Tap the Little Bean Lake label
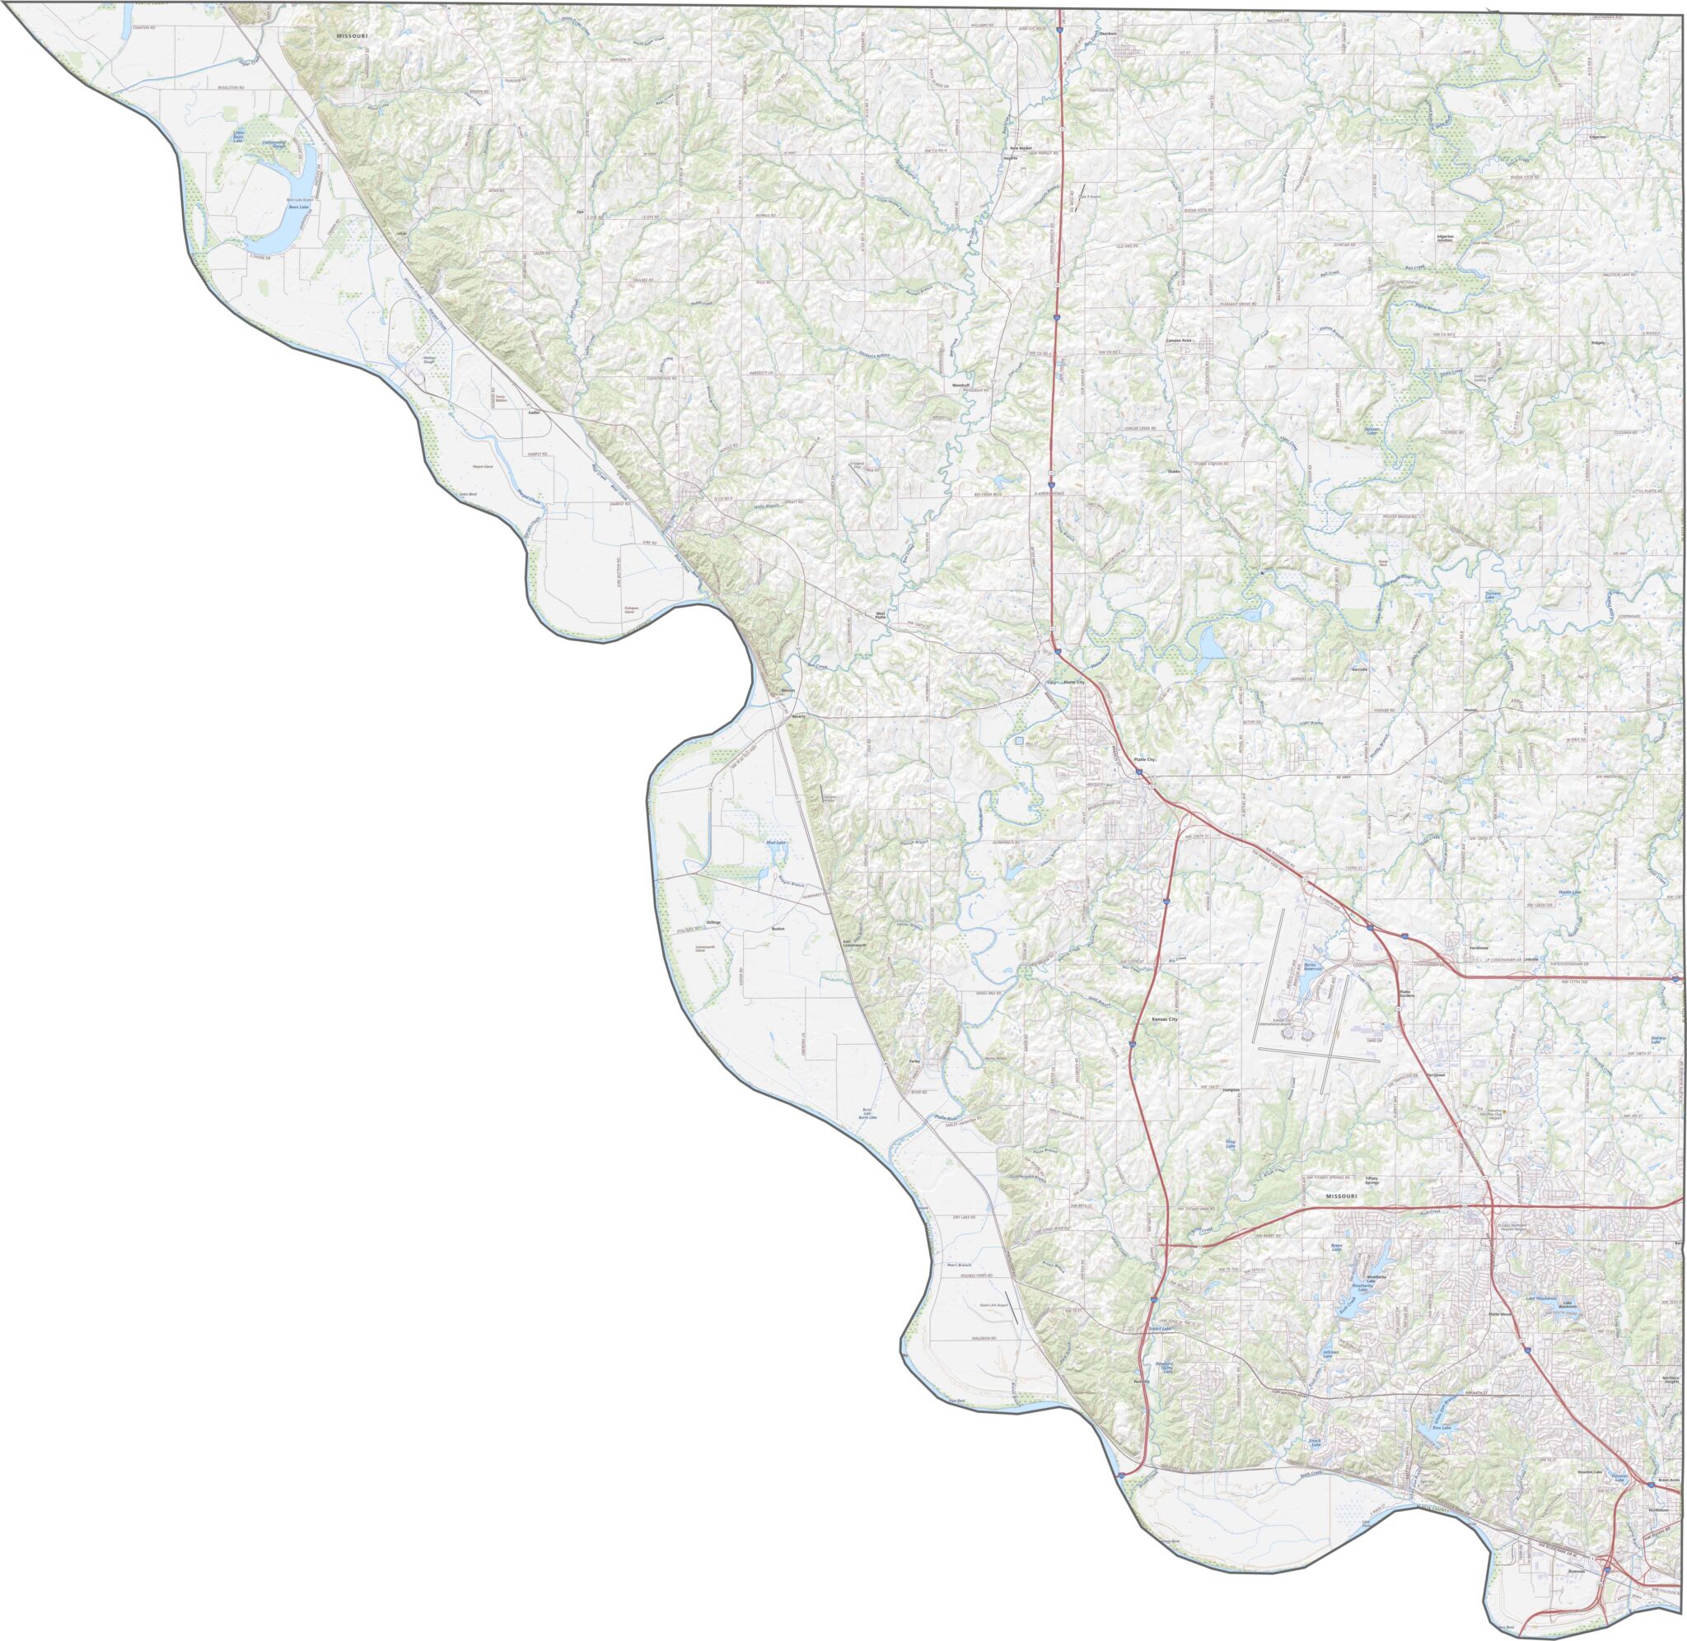click(240, 135)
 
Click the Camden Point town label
click(1179, 340)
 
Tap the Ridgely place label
click(1599, 342)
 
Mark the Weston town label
click(786, 690)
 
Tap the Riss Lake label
click(1442, 1428)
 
